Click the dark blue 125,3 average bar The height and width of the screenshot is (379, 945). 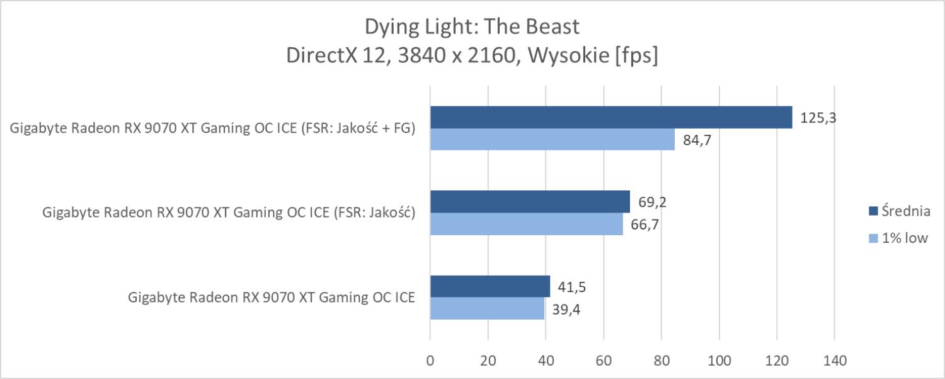coord(611,117)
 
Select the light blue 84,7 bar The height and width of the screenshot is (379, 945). coord(553,139)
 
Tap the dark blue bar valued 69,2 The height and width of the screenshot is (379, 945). coord(530,202)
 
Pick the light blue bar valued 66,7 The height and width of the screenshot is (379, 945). coord(526,224)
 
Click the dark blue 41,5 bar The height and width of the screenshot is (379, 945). coord(490,286)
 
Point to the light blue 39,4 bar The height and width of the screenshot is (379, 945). coord(486,308)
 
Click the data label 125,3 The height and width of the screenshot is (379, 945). coord(818,117)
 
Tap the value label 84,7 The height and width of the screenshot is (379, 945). coord(697,140)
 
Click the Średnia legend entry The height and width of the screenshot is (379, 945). coord(897,211)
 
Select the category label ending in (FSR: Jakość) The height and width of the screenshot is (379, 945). coord(228,213)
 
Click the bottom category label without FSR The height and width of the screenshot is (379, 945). coord(272,298)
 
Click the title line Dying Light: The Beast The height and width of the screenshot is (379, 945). coord(472,27)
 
